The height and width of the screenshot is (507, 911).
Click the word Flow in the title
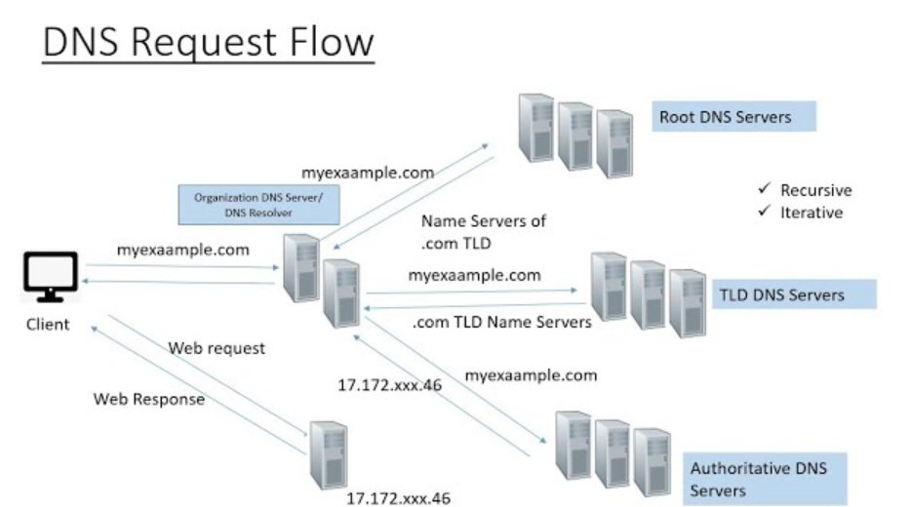[322, 43]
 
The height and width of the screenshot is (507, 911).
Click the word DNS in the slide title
[84, 43]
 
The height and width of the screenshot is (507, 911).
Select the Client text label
[48, 324]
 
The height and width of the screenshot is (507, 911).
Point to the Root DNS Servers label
[733, 118]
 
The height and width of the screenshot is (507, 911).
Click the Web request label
[217, 348]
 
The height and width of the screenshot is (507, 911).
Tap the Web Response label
[149, 399]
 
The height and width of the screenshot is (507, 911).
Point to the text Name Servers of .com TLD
[482, 232]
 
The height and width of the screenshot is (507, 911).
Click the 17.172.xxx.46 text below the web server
[399, 497]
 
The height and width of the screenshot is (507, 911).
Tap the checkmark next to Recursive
[765, 189]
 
